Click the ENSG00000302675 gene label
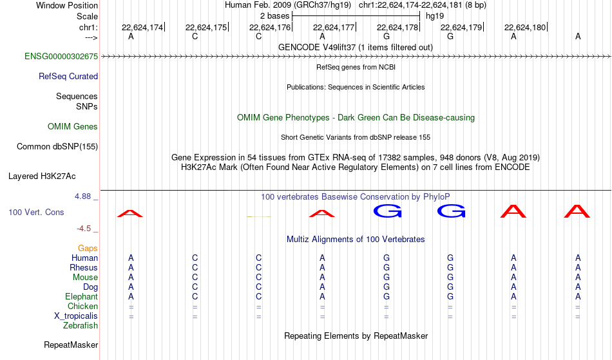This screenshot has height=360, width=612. click(61, 56)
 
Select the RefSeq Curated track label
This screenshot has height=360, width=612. click(68, 76)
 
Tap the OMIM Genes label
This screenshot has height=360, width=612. click(73, 126)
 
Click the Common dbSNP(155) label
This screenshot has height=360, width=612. click(57, 146)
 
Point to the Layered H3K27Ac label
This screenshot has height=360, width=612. click(42, 176)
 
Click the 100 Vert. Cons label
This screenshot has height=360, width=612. click(36, 212)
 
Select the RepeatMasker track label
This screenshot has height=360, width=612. click(71, 345)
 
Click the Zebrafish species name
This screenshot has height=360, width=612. click(81, 325)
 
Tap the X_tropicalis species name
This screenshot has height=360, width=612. click(76, 316)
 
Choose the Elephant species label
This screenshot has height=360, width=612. click(82, 296)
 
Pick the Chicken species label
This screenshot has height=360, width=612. click(82, 306)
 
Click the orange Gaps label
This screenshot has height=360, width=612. click(88, 248)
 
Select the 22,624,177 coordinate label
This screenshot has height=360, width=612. click(334, 27)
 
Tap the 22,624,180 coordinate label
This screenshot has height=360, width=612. click(525, 27)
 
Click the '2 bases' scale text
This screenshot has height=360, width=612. click(275, 16)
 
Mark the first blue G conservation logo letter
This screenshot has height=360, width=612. click(388, 211)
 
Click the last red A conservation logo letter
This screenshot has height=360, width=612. click(577, 211)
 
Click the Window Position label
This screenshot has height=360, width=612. click(67, 5)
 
